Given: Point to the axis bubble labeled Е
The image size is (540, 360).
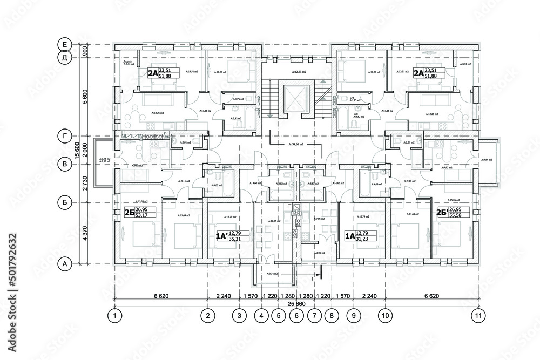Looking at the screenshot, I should (64, 44).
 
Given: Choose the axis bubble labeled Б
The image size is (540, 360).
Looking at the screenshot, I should (64, 203).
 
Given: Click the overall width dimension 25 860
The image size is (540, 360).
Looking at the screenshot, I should (295, 304).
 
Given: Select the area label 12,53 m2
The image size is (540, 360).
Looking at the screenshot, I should (299, 72).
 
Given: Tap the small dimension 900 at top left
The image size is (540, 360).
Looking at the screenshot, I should (85, 51).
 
